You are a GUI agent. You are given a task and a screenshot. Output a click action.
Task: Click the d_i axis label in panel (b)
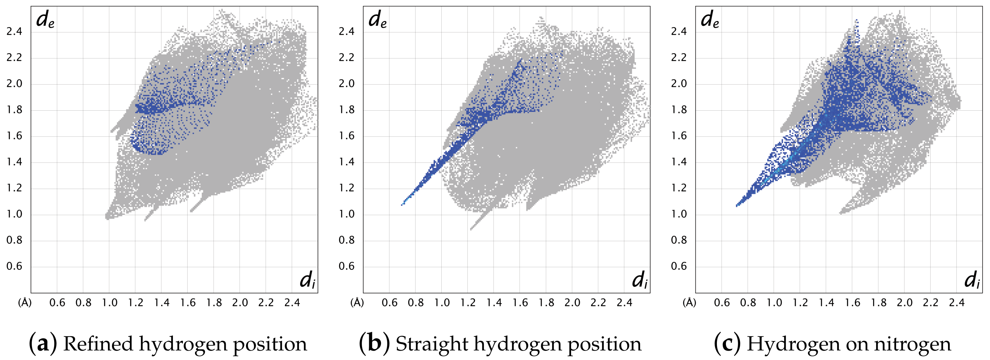pyautogui.click(x=639, y=280)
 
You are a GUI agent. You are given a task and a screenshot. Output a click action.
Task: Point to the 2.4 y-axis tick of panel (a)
pyautogui.click(x=14, y=31)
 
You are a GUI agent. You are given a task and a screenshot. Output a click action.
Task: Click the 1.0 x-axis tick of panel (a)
pyautogui.click(x=109, y=303)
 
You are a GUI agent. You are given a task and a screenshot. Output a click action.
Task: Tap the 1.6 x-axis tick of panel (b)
pyautogui.click(x=520, y=303)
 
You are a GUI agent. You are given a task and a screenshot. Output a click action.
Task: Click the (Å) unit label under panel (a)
pyautogui.click(x=25, y=303)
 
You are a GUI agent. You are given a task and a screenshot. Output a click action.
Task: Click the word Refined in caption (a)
pyautogui.click(x=98, y=344)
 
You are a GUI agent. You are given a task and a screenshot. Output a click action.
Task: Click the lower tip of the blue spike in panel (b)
pyautogui.click(x=402, y=204)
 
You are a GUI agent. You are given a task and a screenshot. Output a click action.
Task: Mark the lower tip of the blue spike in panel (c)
pyautogui.click(x=737, y=206)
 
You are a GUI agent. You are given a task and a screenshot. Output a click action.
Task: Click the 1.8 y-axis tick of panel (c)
pyautogui.click(x=679, y=110)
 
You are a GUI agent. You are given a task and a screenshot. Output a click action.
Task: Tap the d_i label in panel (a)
pyautogui.click(x=308, y=280)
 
